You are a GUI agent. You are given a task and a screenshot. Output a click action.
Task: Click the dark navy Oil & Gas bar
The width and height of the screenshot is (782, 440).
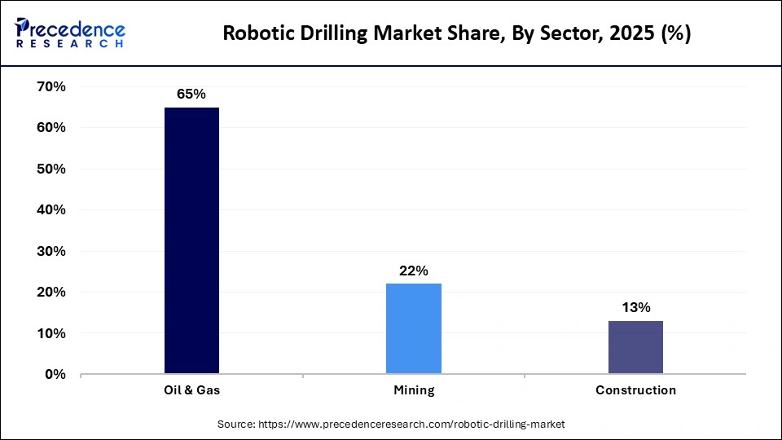[x=191, y=240]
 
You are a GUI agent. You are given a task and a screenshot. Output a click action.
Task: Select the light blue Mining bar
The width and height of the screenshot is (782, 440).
[x=413, y=328]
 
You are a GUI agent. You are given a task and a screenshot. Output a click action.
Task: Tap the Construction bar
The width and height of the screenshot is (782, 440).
[x=635, y=347]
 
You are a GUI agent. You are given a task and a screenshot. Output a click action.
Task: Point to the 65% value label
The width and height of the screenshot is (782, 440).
[x=191, y=95]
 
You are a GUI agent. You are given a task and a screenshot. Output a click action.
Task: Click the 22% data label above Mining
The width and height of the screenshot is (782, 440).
[x=413, y=271]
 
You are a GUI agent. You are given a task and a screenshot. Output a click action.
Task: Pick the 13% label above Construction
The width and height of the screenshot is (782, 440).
[x=635, y=307]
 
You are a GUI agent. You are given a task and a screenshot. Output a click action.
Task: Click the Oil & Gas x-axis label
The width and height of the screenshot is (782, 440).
[x=191, y=390]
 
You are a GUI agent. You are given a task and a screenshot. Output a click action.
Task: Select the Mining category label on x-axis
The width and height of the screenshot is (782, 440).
[x=413, y=390]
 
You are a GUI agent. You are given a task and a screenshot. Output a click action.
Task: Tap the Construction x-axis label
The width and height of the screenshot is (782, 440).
[x=635, y=390]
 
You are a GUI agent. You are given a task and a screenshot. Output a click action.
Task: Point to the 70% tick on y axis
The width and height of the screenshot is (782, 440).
[x=51, y=86]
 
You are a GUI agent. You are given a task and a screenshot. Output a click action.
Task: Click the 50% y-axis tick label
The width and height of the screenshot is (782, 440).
[x=51, y=169]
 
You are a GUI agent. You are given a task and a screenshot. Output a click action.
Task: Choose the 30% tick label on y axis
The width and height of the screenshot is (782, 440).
[x=51, y=251]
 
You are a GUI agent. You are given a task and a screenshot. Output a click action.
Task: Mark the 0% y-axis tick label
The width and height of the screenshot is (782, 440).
[x=55, y=375]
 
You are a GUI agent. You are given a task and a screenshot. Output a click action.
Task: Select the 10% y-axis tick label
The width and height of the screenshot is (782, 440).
[x=51, y=333]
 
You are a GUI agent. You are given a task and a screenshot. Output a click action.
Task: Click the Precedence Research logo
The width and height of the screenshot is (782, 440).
[x=70, y=33]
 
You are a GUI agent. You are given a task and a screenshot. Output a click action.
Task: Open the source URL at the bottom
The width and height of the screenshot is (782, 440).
[x=411, y=425]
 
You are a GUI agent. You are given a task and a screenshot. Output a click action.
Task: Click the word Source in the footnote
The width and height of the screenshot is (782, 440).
[x=235, y=425]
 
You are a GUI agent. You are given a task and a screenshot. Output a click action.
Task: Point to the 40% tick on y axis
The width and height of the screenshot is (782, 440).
[x=51, y=210]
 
